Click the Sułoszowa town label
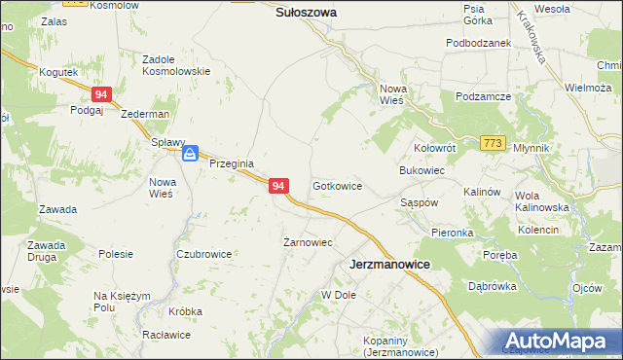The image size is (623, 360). pos(306,13)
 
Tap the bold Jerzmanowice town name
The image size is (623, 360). pos(389,264)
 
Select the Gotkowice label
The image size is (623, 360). pos(338,185)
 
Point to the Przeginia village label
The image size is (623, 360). pos(232,163)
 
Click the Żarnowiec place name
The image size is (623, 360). pos(308,242)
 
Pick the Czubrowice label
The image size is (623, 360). pos(203,254)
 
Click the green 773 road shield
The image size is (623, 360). pos(493,143)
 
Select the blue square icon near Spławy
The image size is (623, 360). pos(192,153)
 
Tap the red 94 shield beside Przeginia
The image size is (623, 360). pos(278,185)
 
